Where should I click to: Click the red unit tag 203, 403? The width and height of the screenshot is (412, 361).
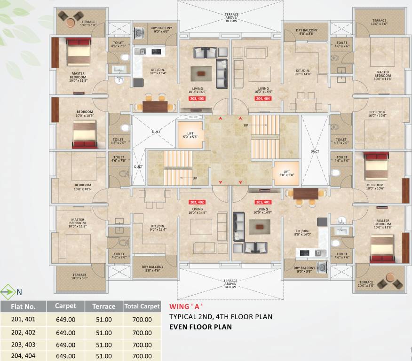(197, 99)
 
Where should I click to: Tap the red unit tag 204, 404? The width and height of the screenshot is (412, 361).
(263, 99)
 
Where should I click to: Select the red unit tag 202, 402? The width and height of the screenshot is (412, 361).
(197, 202)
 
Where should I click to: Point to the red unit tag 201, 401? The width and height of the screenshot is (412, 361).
(262, 202)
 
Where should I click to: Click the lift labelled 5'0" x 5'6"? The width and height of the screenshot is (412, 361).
(190, 135)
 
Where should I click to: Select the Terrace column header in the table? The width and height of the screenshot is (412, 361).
(104, 306)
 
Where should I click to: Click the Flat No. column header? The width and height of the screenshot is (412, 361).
(24, 306)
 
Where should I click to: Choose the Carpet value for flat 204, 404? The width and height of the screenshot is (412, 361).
(65, 356)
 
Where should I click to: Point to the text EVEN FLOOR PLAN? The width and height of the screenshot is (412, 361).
(200, 327)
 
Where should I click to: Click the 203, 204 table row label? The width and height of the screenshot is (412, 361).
(24, 344)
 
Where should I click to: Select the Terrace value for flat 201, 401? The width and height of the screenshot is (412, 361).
(104, 320)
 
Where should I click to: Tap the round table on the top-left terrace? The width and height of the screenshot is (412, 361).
(69, 22)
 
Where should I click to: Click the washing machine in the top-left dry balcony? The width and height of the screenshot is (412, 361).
(140, 33)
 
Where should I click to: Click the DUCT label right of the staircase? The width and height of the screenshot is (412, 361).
(314, 151)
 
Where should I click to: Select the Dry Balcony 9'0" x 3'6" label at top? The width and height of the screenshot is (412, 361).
(307, 32)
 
